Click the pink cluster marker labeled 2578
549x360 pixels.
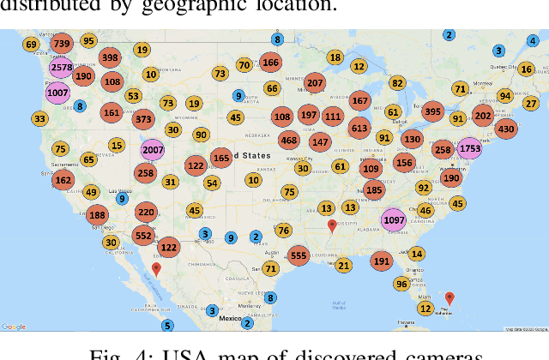tap(61, 68)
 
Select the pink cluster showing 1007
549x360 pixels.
tap(58, 92)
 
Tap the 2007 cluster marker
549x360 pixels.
tap(152, 150)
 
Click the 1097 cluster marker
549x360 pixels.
tap(394, 219)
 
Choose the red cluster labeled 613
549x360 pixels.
tap(359, 128)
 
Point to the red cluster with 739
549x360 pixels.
tap(61, 43)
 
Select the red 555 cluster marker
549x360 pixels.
tap(299, 255)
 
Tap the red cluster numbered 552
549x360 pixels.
tap(143, 235)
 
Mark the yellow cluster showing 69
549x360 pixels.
tap(31, 45)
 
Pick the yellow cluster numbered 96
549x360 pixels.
tap(401, 284)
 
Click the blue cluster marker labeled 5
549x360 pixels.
tap(167, 325)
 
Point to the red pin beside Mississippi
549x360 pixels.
tap(332, 227)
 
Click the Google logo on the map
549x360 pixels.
tap(14, 327)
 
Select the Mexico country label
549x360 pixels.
tap(229, 317)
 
